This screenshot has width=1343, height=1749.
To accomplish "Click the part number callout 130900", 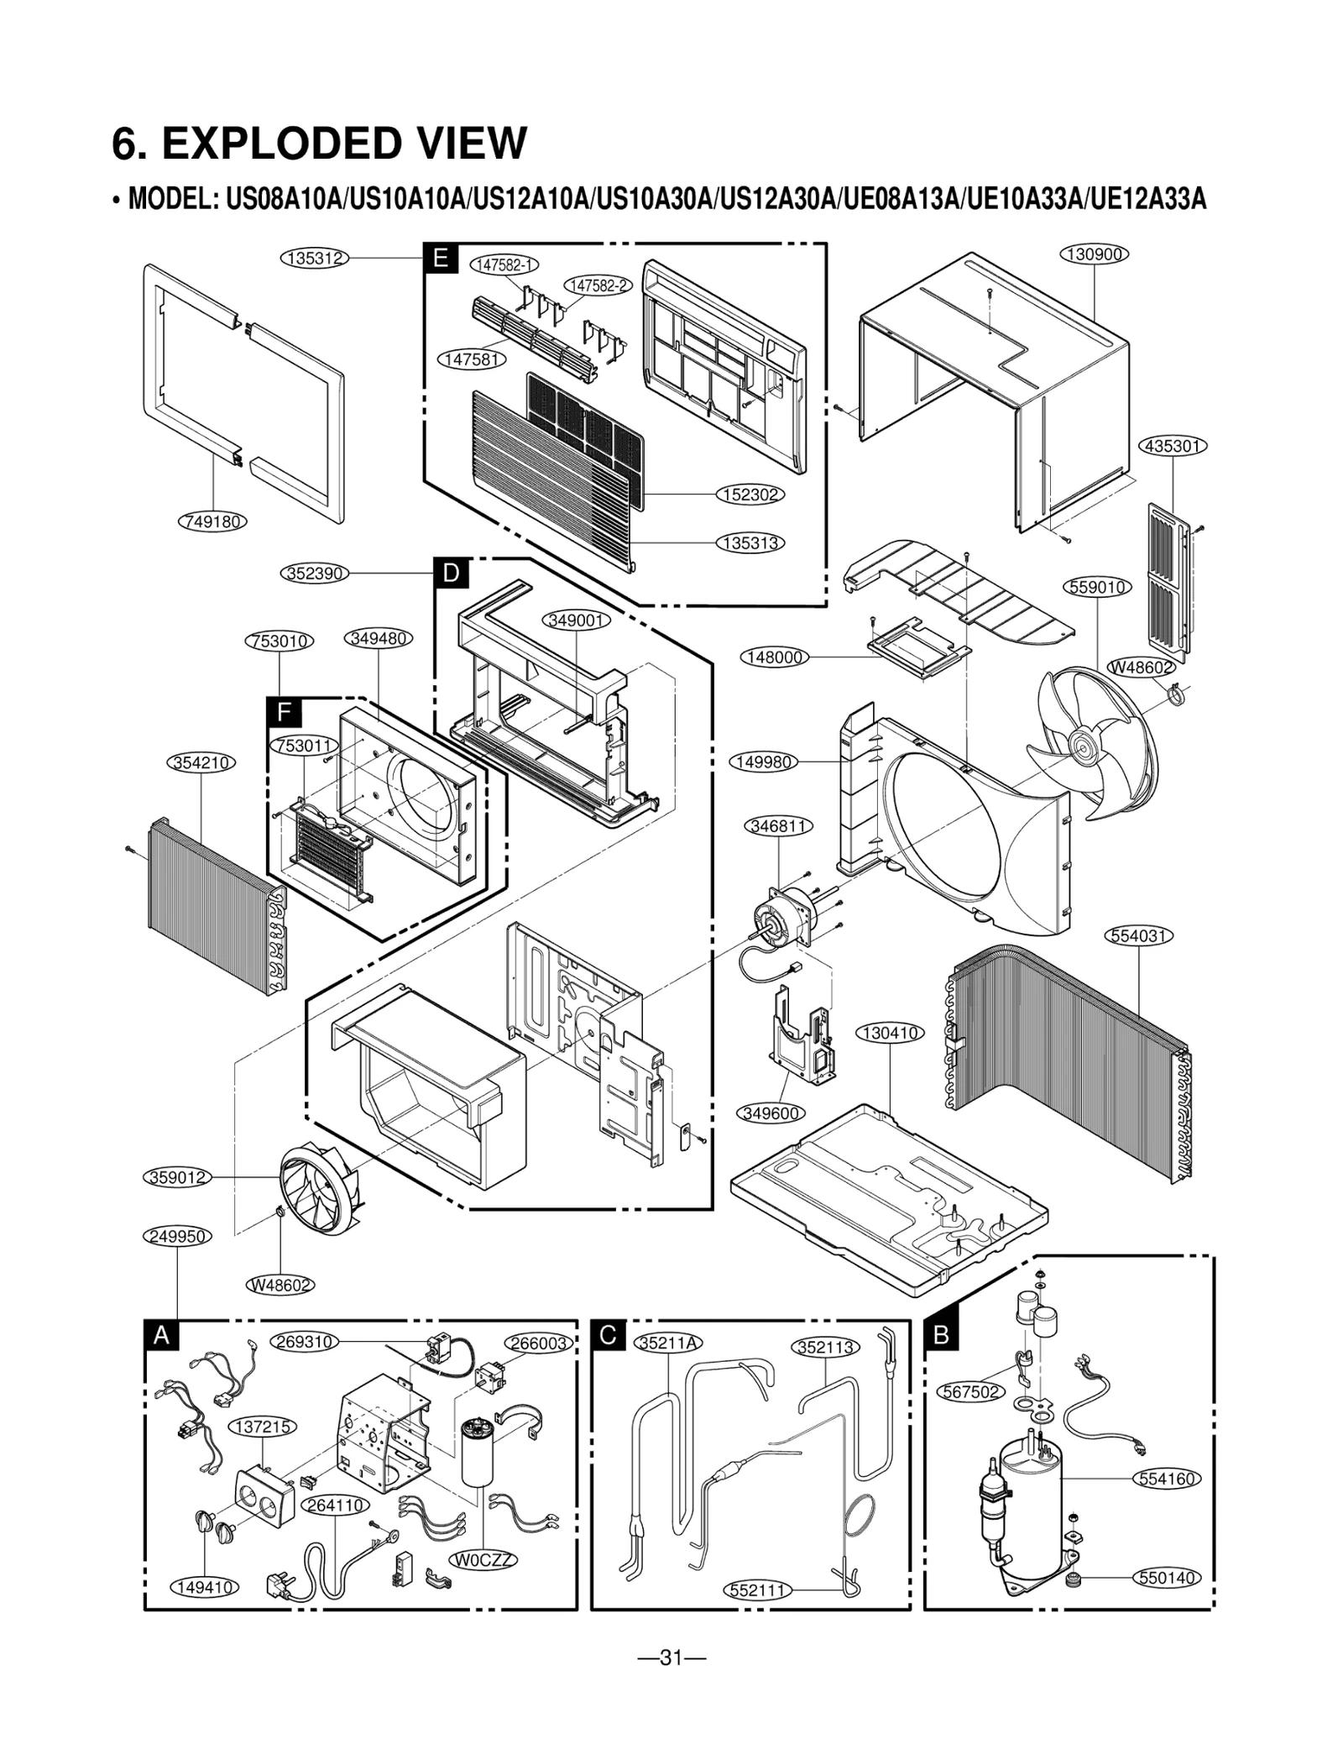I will tap(1095, 254).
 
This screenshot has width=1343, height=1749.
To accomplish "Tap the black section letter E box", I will tap(441, 259).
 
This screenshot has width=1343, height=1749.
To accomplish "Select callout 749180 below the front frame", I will tap(213, 521).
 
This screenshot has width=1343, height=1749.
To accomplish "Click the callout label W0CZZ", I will tap(483, 1560).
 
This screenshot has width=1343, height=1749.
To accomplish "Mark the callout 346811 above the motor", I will tap(779, 826).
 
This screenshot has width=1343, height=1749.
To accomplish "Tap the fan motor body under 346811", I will tap(781, 915).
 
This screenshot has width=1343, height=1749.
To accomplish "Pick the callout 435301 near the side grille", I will tap(1173, 446).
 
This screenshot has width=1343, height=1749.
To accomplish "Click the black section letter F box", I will tap(284, 713).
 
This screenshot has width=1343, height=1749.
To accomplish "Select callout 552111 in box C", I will tap(758, 1590).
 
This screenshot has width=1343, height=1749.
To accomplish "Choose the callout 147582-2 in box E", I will tap(597, 285).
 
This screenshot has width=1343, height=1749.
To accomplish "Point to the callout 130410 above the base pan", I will tap(890, 1033).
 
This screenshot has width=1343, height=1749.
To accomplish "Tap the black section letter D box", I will tap(452, 573).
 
